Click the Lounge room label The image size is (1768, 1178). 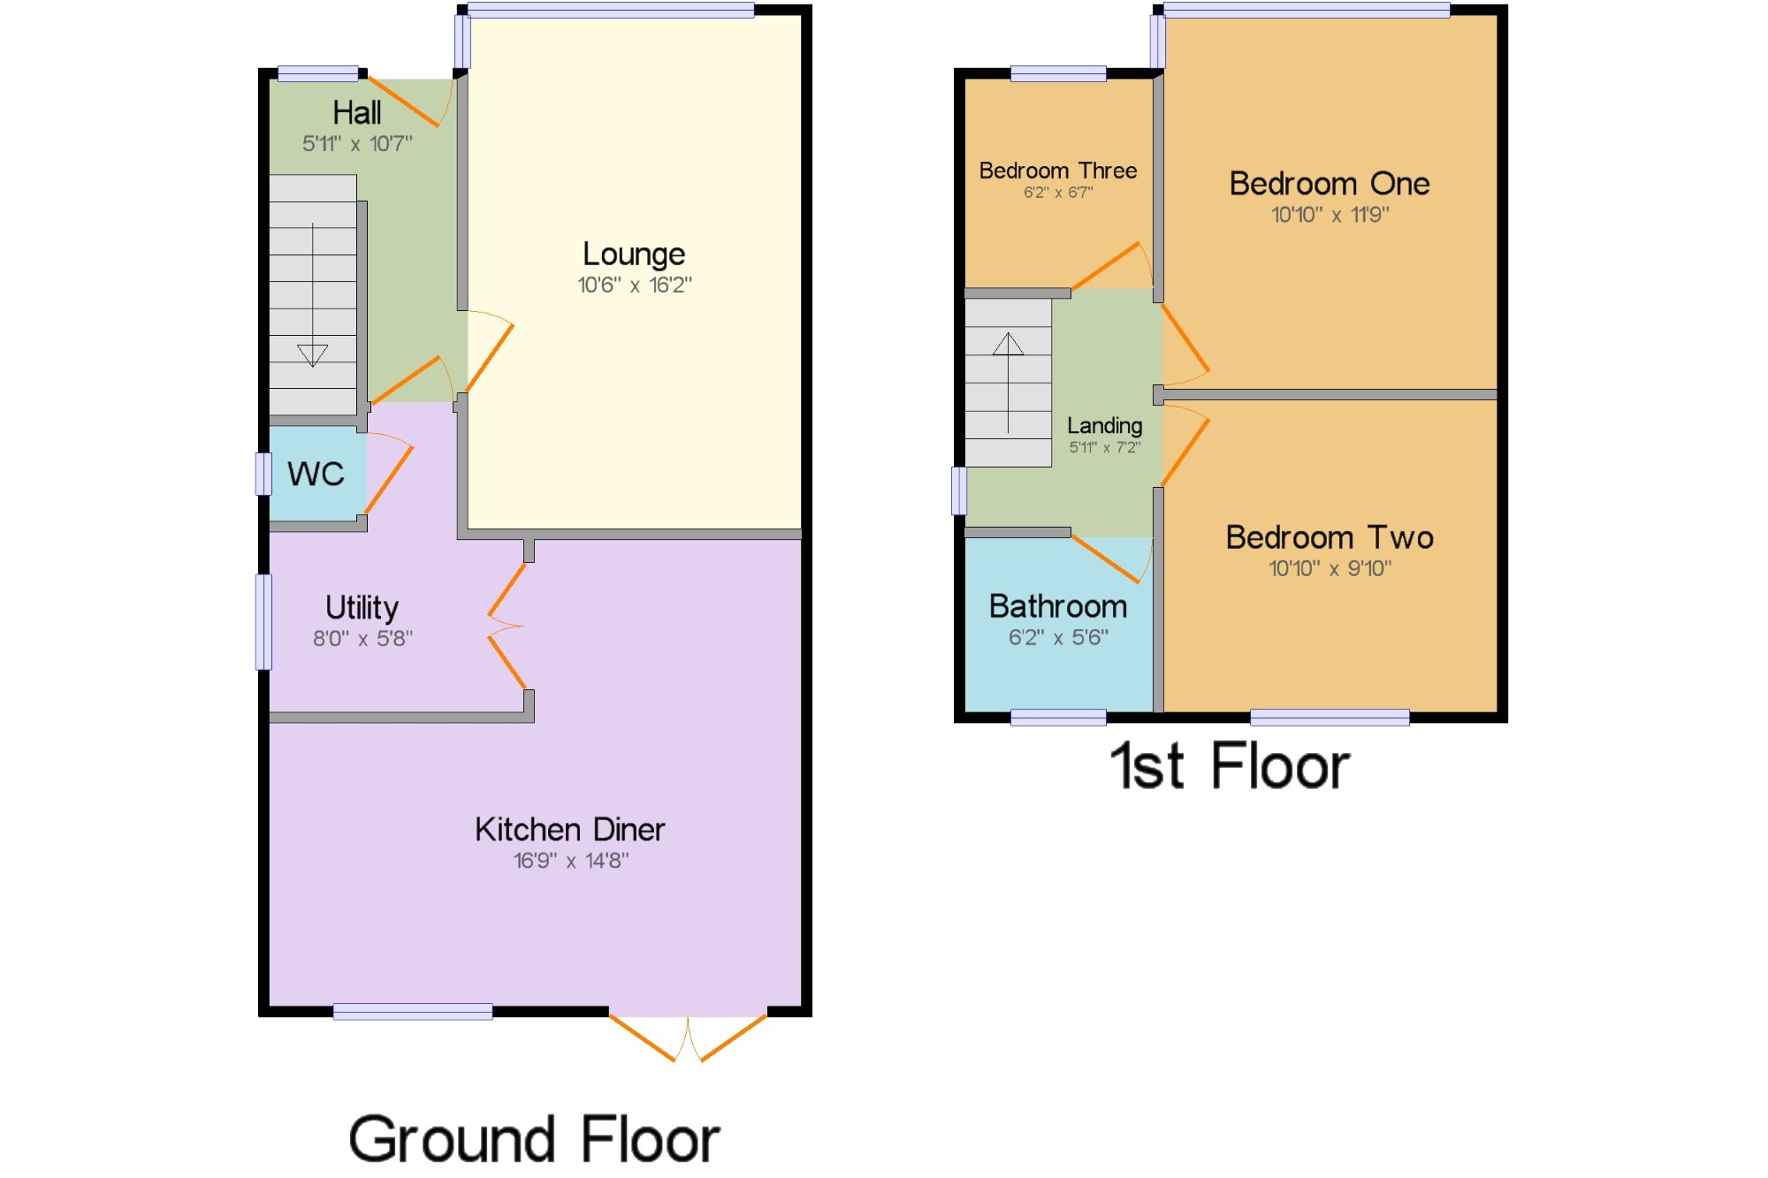[633, 255]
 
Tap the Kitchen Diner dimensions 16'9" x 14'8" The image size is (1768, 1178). [570, 861]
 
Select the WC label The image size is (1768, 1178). [316, 475]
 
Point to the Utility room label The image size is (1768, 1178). [362, 608]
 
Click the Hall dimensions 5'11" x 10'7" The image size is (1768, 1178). [357, 143]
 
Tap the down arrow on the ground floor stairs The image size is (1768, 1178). [312, 354]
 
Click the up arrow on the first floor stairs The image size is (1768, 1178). [1008, 344]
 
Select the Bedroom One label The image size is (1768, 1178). [1329, 184]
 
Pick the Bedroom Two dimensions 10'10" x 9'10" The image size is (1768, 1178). [1330, 568]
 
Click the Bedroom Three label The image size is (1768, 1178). [1057, 171]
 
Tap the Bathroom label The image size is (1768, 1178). [1057, 607]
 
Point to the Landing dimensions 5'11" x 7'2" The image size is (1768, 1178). [1104, 448]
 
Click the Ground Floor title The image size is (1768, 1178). [534, 1139]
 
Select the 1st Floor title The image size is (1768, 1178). [1230, 766]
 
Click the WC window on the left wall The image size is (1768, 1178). [263, 474]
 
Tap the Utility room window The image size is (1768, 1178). [263, 621]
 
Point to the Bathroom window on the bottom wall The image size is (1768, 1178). [1057, 718]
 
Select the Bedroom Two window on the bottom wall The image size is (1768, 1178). [1329, 718]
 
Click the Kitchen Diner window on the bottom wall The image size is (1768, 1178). [413, 1012]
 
